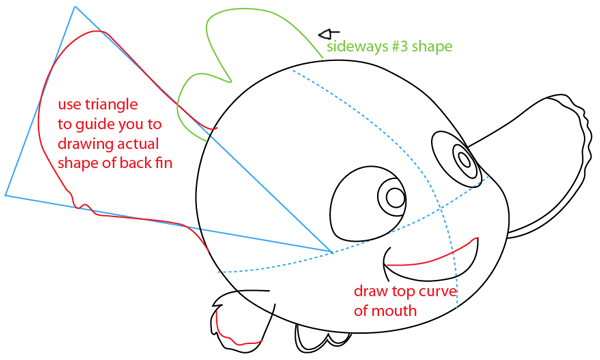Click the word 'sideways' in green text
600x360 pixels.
[x=356, y=47]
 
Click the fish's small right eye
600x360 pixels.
[x=465, y=157]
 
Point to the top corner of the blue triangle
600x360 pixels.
[x=75, y=7]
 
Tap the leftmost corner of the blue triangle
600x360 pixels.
[x=6, y=195]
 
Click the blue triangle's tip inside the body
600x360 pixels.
[x=332, y=251]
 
